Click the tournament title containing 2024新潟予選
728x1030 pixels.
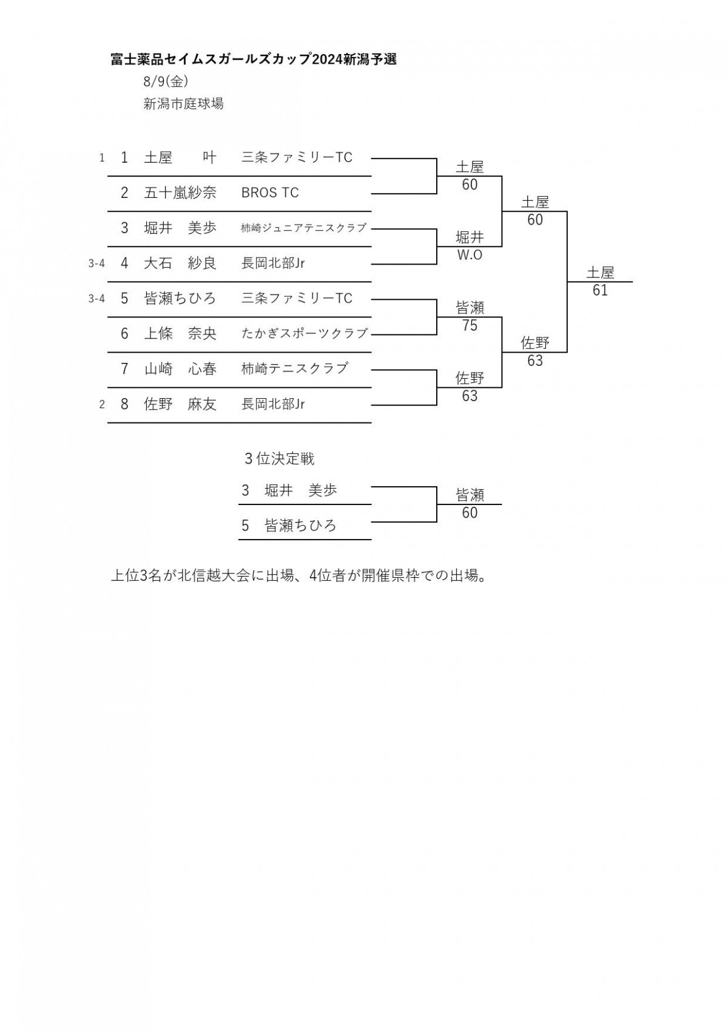[x=254, y=59]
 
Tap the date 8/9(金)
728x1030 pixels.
[x=166, y=82]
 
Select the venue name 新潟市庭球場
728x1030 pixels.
[x=183, y=104]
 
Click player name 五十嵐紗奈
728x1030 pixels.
[x=180, y=192]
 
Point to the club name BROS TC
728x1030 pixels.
[x=270, y=192]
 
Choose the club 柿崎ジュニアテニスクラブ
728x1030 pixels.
[x=303, y=228]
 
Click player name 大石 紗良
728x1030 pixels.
[x=180, y=263]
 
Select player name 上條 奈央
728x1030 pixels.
[x=180, y=333]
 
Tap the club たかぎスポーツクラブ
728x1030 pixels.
[x=305, y=333]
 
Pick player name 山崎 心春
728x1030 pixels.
[x=180, y=369]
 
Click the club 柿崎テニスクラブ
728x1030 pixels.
[x=294, y=369]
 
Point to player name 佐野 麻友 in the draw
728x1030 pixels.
[x=180, y=404]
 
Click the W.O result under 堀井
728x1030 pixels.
[x=470, y=255]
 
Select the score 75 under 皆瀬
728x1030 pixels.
[x=470, y=325]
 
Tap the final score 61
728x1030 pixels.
[x=600, y=290]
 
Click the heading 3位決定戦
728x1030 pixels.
[x=280, y=459]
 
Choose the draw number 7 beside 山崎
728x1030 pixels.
[x=124, y=369]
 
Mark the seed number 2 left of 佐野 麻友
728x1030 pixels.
[x=102, y=405]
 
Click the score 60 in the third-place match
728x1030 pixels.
[x=470, y=513]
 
